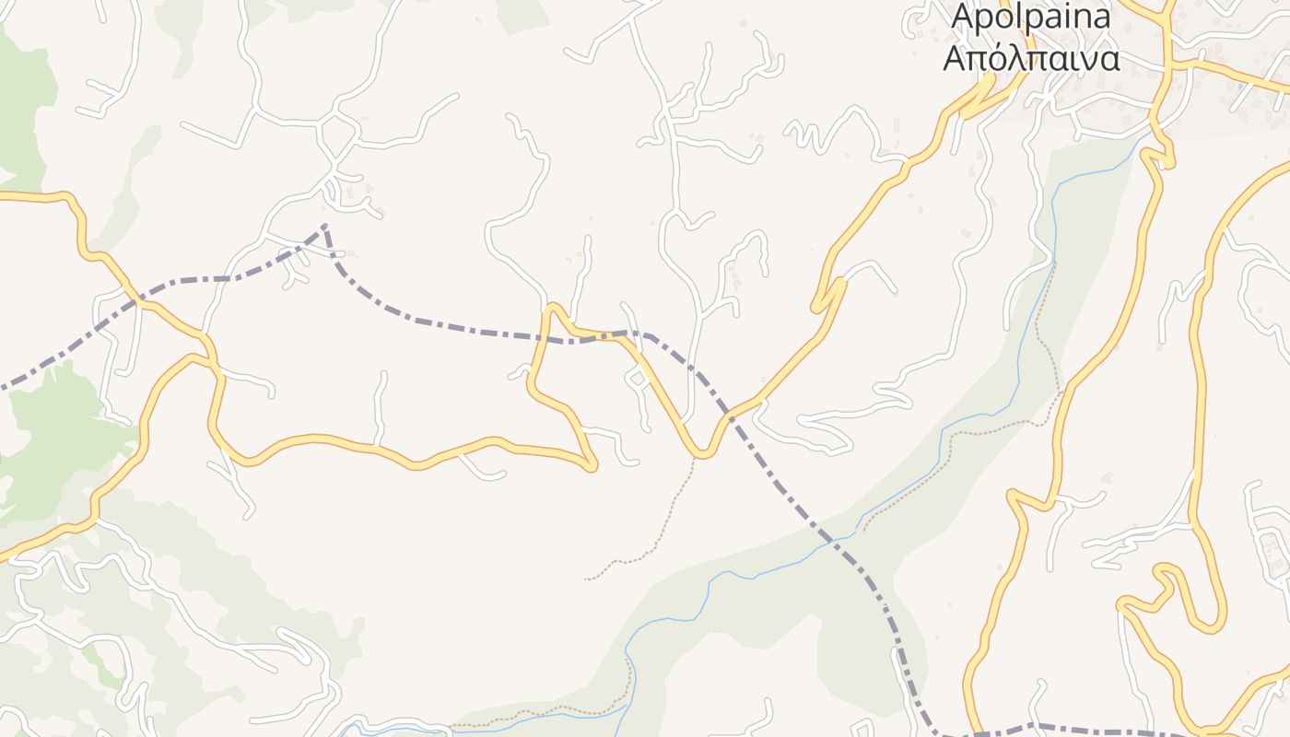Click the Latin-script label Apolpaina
tap(1030, 16)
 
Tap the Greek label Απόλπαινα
tap(1030, 58)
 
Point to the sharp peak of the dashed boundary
tap(324, 226)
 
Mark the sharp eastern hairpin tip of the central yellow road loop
tap(592, 467)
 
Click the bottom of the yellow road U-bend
tap(703, 453)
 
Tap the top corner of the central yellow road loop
tap(553, 307)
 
